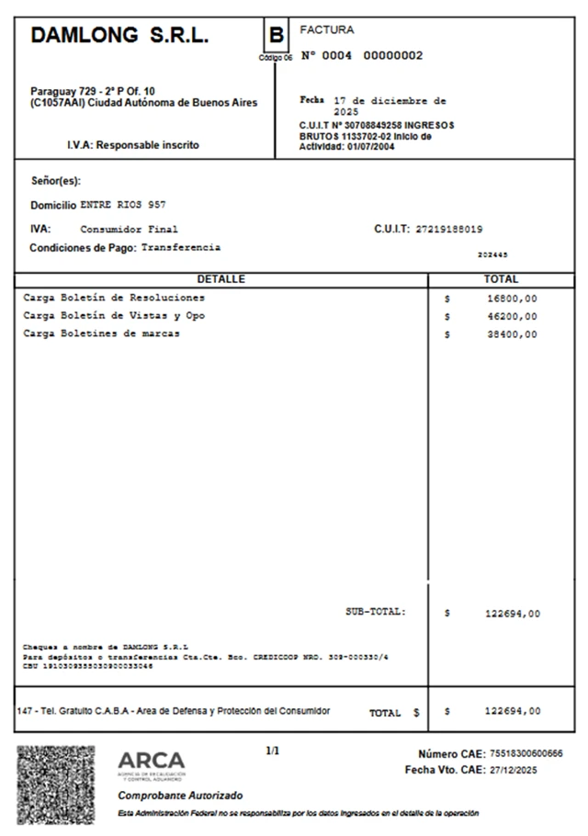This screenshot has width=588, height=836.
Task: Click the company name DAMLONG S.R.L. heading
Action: tap(119, 36)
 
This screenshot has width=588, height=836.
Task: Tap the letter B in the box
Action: tap(276, 37)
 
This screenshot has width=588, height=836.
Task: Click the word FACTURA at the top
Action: tap(326, 30)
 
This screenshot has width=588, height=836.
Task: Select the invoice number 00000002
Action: tap(393, 56)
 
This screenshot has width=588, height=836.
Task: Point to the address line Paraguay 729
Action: tap(93, 91)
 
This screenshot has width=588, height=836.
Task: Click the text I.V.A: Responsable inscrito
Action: tap(132, 145)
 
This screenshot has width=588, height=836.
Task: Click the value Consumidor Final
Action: tap(129, 230)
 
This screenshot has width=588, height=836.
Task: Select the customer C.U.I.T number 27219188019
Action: tap(449, 230)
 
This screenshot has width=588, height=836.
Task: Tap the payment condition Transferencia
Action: tap(181, 248)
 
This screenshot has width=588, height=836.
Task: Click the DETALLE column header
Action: tap(220, 279)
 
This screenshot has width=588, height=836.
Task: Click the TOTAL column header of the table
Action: tap(501, 279)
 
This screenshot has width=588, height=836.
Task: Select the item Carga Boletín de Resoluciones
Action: tap(114, 299)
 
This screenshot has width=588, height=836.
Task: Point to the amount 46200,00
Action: tap(512, 317)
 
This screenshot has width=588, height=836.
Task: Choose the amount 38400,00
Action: tap(512, 335)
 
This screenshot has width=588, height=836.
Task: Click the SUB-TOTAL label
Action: tap(375, 612)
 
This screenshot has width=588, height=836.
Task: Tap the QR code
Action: tap(56, 784)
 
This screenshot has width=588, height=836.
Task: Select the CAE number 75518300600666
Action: tap(526, 754)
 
